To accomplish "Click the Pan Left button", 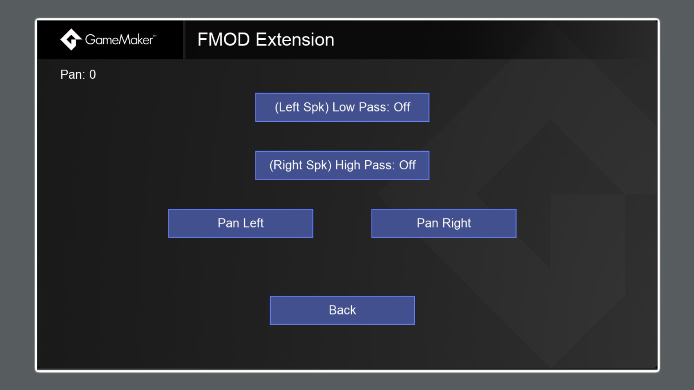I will pos(240,223).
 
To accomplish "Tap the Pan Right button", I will pos(444,223).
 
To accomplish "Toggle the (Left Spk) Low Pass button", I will pos(342,107).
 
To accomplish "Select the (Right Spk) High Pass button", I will pos(342,165).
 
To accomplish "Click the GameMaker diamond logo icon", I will pos(71,39).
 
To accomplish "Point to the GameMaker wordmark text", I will pos(119,40).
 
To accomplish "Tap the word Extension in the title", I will pos(295,40).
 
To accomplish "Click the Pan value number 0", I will pos(93,75).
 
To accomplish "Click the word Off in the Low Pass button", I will pos(402,107).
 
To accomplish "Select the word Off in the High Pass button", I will pos(407,165).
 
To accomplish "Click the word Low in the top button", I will pos(343,107).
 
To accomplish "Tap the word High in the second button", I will pos(348,165).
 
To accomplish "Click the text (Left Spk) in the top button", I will pos(301,107).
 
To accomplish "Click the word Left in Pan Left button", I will pos(253,223).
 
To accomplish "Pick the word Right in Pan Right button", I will pos(457,224).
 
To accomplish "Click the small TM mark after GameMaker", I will pos(155,35).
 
